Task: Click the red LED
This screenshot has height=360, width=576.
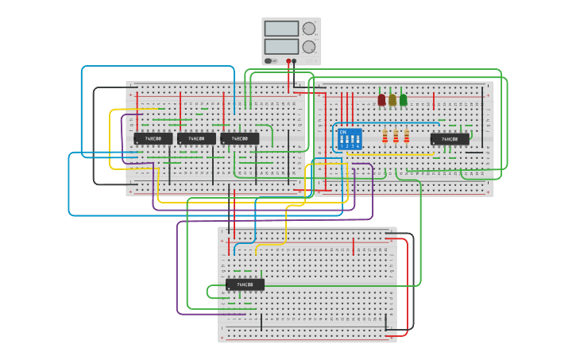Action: click(381, 100)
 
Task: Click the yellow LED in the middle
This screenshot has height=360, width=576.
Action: click(392, 100)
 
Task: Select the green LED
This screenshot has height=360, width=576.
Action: click(404, 100)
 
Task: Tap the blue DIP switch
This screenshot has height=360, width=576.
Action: click(350, 139)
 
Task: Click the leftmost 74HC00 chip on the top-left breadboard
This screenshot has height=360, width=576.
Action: click(153, 138)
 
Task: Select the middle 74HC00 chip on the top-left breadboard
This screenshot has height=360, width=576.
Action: click(196, 138)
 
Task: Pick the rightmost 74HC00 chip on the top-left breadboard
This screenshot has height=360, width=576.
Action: click(239, 138)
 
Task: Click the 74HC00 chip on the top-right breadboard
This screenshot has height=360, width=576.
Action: click(450, 139)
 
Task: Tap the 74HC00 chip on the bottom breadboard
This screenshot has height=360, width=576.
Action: click(245, 285)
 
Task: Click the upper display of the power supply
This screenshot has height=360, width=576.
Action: click(281, 29)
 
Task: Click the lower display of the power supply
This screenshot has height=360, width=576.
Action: click(281, 46)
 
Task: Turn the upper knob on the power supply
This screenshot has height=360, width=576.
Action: click(309, 29)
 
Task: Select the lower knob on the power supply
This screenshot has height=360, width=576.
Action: click(309, 47)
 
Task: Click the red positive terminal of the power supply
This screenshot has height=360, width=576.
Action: click(288, 60)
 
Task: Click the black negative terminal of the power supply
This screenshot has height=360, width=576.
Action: click(295, 60)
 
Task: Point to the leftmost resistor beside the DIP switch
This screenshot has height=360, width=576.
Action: click(385, 137)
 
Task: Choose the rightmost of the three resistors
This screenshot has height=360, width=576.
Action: click(407, 137)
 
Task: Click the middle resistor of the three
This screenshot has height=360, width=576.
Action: click(396, 137)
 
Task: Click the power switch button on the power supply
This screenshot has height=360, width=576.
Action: click(269, 60)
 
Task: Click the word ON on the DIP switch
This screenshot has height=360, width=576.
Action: click(343, 132)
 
